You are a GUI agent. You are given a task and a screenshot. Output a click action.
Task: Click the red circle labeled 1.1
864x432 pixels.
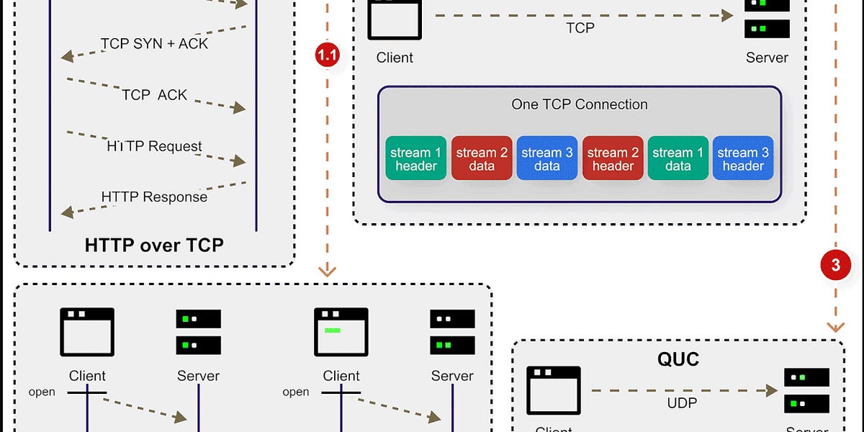click(328, 55)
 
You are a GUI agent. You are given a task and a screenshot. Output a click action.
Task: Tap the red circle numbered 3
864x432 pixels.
click(835, 265)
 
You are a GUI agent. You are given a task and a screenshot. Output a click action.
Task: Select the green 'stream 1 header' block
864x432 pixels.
click(415, 158)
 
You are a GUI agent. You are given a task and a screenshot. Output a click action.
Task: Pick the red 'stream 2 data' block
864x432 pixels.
click(482, 158)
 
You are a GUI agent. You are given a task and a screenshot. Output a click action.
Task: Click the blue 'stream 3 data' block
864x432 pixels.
click(547, 158)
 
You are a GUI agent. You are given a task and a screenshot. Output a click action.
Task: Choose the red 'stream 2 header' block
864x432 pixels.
click(613, 158)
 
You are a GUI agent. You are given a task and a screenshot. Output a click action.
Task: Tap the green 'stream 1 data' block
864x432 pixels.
click(678, 158)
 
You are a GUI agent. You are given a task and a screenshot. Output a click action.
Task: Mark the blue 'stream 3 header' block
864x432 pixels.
click(743, 158)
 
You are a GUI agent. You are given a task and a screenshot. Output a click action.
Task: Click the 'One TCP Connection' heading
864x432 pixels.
click(580, 104)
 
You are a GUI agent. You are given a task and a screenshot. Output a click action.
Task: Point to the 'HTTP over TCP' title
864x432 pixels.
click(154, 245)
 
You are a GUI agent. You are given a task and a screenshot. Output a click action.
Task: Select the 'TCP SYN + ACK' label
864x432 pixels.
click(154, 43)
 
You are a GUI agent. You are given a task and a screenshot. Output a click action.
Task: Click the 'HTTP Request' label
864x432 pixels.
click(154, 146)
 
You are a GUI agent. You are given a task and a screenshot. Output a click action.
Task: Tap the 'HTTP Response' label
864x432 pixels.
click(154, 197)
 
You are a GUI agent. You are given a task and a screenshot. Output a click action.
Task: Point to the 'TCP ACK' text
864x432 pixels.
click(154, 94)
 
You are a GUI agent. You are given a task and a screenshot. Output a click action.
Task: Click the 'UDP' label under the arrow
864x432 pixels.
click(682, 402)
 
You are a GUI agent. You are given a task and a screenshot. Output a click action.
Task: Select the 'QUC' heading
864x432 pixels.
click(678, 358)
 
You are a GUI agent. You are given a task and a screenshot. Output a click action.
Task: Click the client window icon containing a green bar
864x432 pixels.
click(341, 332)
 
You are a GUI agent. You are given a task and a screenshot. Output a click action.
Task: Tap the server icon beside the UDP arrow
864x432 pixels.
click(806, 390)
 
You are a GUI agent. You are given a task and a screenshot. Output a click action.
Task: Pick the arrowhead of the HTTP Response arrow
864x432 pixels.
click(66, 212)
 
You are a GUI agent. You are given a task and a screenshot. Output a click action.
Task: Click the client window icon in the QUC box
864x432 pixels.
click(553, 390)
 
